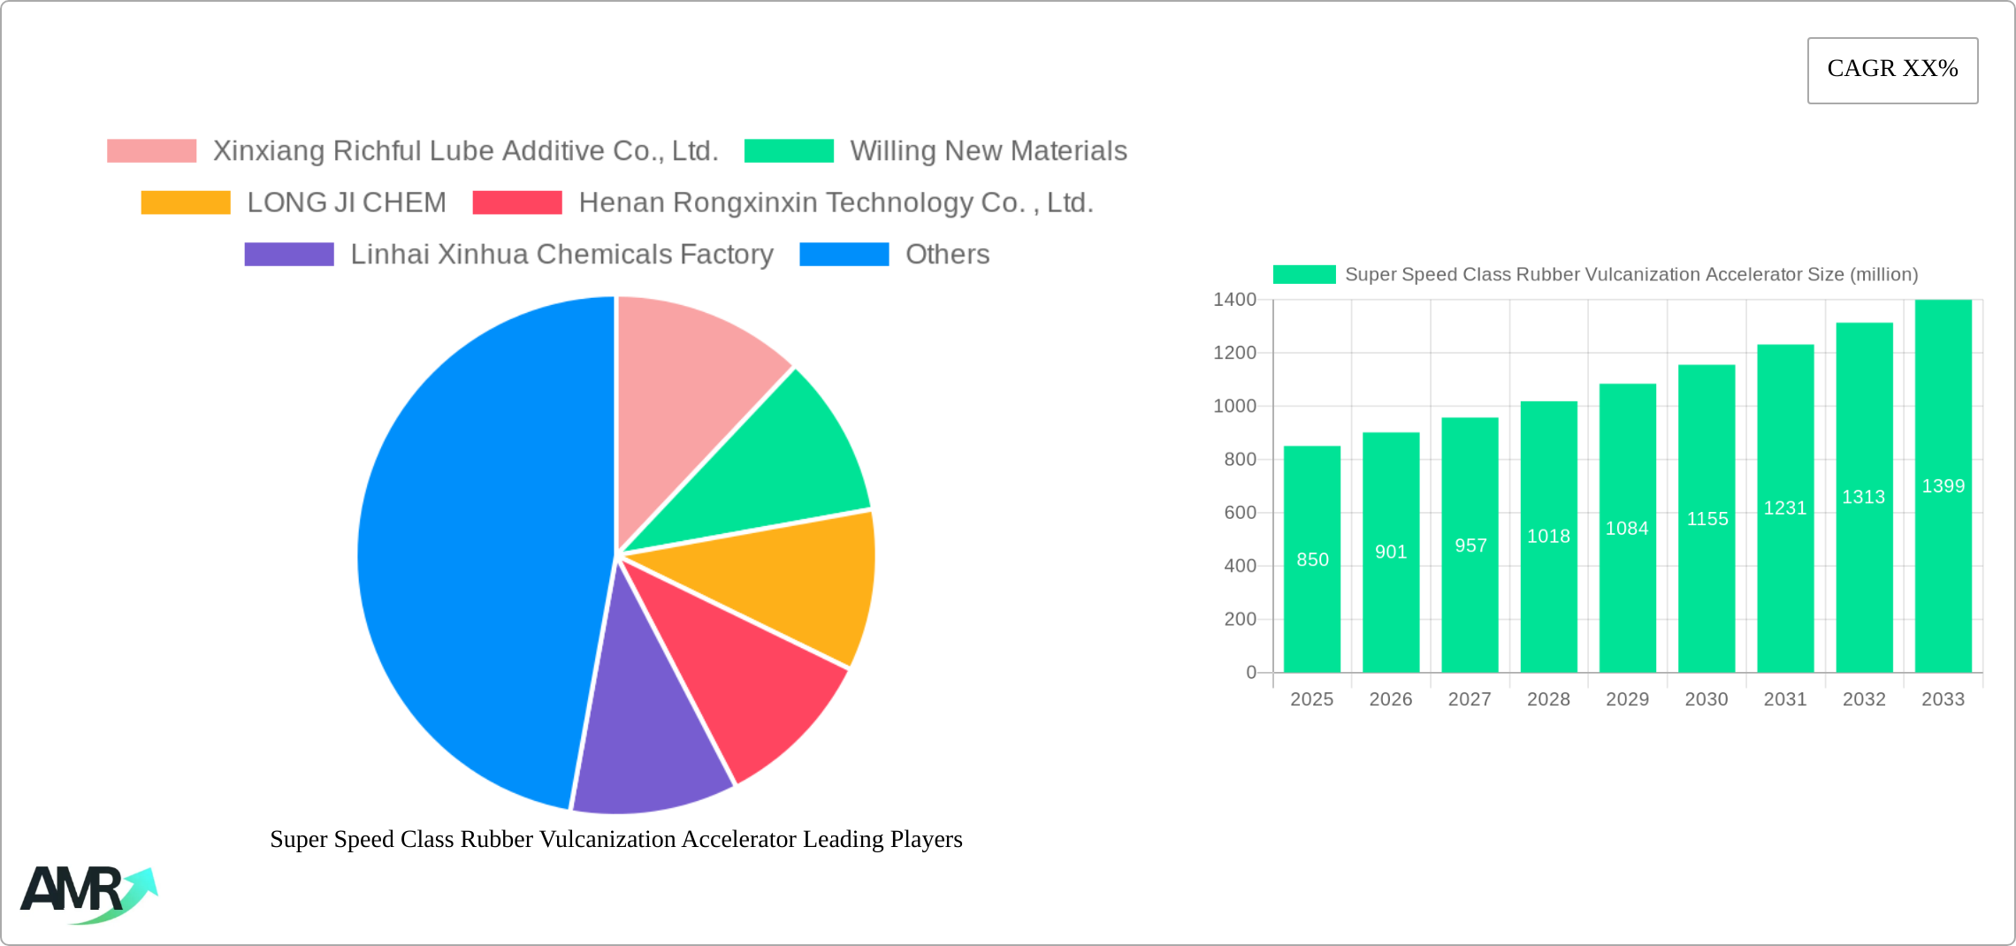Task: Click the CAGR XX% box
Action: (x=1892, y=70)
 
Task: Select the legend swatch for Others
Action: (x=844, y=255)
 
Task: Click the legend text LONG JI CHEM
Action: (x=347, y=202)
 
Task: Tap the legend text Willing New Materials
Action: (x=989, y=151)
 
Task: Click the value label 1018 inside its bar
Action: (x=1548, y=537)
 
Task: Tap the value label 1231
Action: (x=1784, y=508)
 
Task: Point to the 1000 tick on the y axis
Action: (x=1234, y=406)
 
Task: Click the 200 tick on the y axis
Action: (x=1240, y=619)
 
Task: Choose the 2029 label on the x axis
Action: (x=1627, y=699)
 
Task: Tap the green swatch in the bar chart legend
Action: (x=1303, y=275)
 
